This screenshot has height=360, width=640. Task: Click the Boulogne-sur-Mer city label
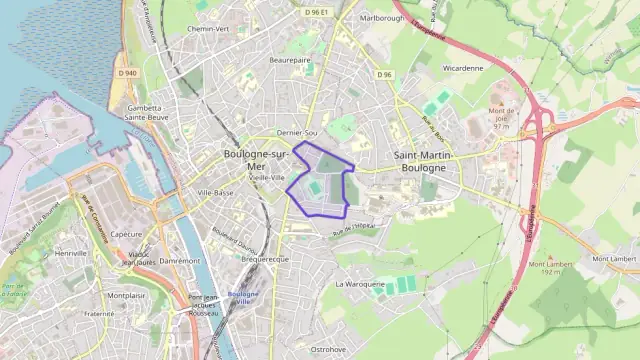[255, 160]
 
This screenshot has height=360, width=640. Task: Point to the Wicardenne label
[462, 69]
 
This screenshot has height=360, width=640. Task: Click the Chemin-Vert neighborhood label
[208, 29]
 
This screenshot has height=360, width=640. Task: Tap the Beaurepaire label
[290, 60]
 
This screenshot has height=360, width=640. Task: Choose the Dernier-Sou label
[297, 133]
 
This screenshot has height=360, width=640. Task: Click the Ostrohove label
[328, 349]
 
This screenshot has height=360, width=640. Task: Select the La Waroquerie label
[360, 283]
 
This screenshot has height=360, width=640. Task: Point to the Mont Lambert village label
[614, 259]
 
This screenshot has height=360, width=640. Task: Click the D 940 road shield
[126, 73]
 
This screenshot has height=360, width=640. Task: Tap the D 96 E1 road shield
[317, 13]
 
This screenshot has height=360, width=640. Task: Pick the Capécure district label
[126, 233]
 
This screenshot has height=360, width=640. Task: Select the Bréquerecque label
[265, 258]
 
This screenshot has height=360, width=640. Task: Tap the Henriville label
[72, 254]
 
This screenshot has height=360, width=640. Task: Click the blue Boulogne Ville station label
[243, 296]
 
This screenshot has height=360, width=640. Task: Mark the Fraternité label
[99, 313]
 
